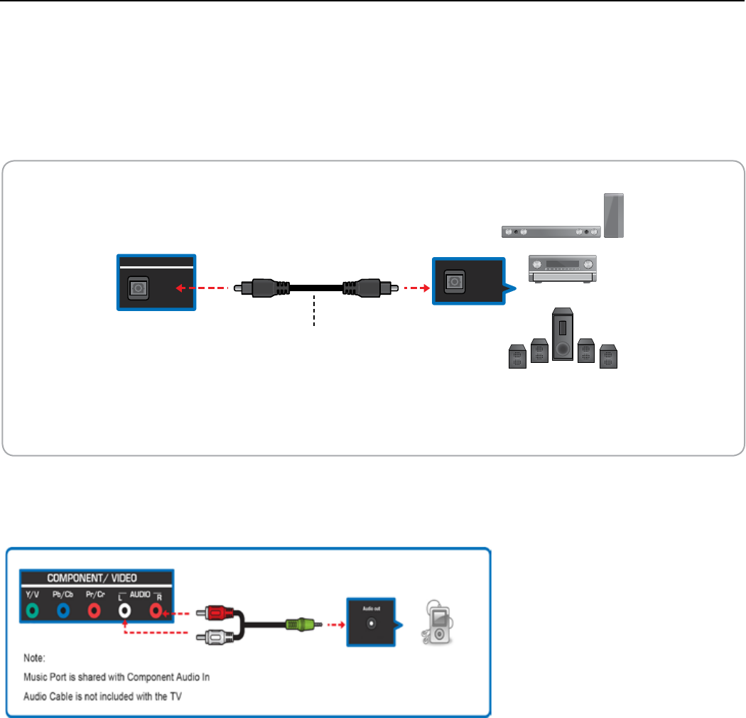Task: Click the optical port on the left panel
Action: click(x=136, y=285)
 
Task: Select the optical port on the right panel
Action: click(x=454, y=282)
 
